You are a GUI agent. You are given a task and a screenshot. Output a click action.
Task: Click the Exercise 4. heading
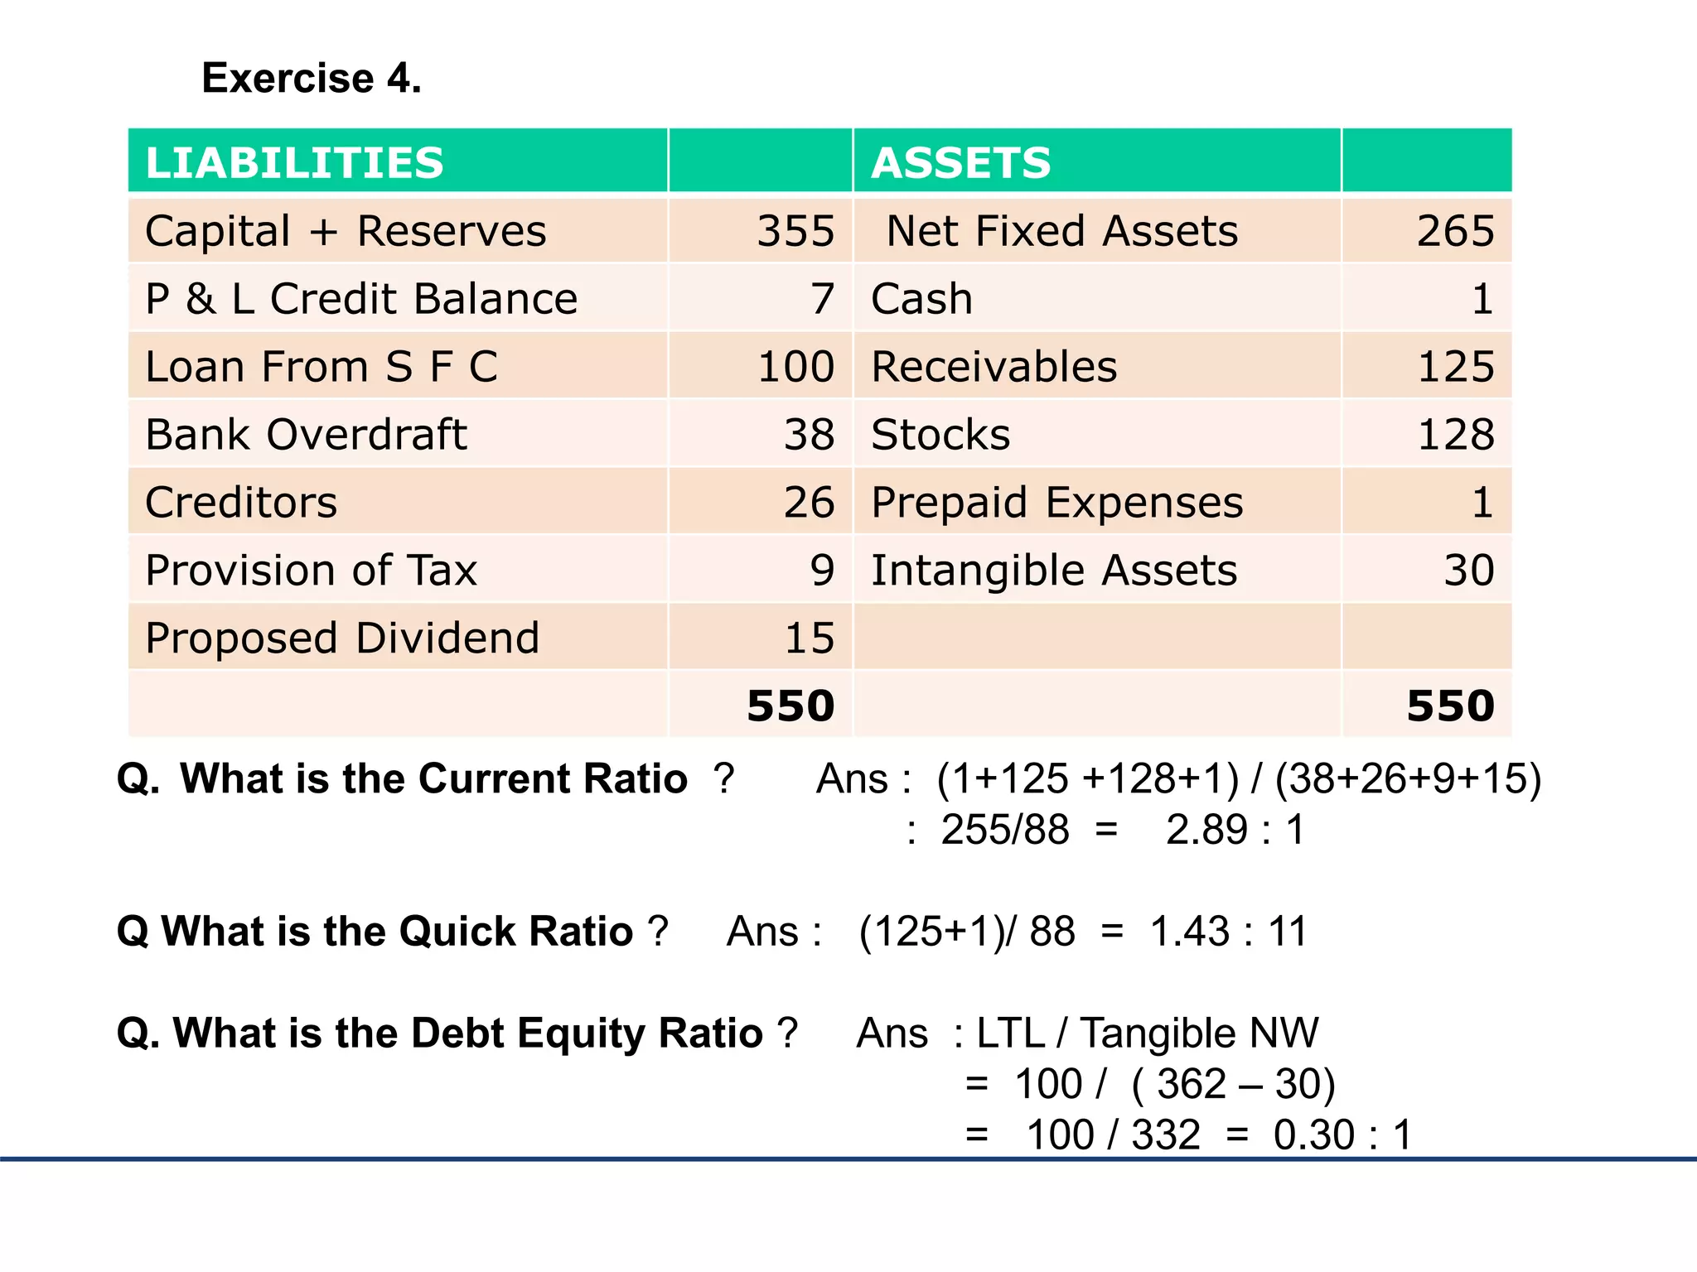coord(312,79)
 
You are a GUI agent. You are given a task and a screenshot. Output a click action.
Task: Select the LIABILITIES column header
coord(295,162)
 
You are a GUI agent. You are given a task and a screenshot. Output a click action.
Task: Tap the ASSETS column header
coord(961,162)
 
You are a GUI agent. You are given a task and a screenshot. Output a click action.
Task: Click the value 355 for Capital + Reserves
coord(795,231)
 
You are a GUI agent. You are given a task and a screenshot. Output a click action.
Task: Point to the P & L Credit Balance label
coord(361,299)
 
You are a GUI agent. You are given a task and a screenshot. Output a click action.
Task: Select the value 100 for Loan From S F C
coord(795,367)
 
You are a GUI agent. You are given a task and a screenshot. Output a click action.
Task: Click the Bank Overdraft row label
coord(306,435)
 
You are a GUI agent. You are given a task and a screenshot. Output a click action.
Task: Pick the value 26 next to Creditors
coord(809,503)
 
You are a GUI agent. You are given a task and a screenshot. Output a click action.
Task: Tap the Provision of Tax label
coord(311,571)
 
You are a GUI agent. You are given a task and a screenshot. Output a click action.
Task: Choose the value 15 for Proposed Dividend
coord(809,638)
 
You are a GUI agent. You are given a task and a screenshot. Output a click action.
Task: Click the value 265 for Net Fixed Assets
coord(1455,231)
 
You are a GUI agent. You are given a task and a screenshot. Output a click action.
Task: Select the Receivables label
coord(994,367)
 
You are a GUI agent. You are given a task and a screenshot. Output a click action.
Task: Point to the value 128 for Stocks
coord(1455,435)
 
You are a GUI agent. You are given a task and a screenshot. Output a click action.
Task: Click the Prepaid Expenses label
coord(1057,503)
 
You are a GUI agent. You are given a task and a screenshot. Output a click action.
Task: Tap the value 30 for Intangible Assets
coord(1468,571)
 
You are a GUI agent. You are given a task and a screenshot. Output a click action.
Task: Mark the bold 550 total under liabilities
coord(790,706)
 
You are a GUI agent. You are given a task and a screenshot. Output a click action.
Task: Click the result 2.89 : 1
coord(1235,830)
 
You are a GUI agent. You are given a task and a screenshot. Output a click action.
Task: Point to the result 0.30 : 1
coord(1342,1135)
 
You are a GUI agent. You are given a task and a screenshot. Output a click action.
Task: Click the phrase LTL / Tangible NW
coord(1147,1033)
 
